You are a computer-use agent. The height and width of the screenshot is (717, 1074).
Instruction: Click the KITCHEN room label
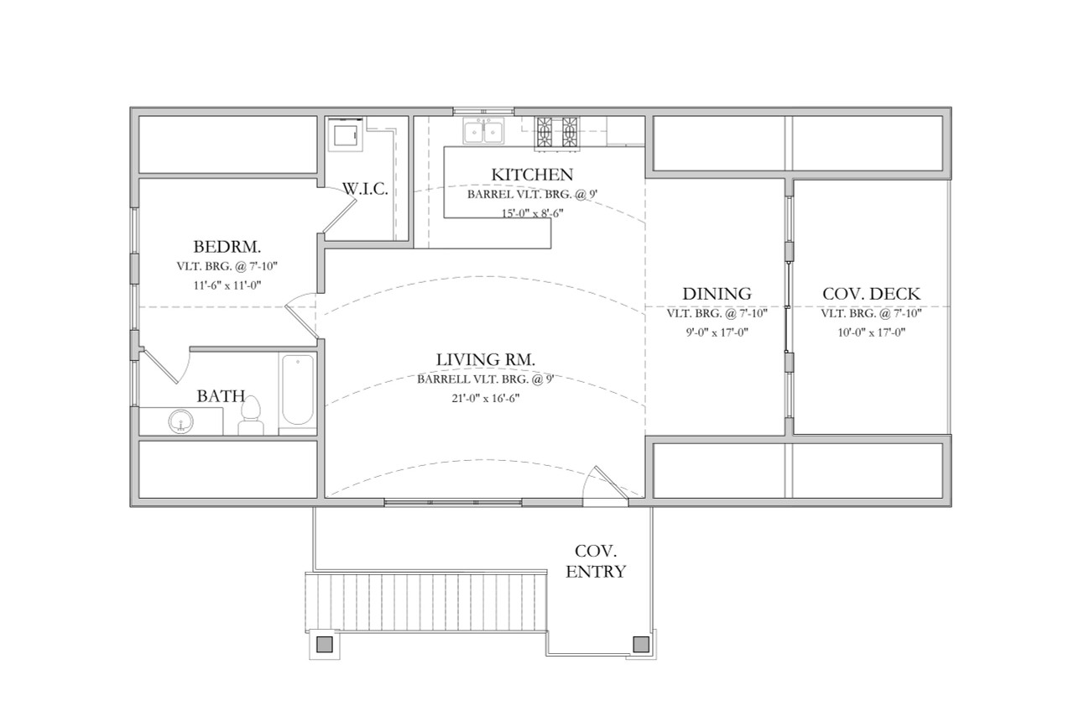532,175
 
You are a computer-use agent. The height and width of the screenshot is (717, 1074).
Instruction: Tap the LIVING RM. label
486,360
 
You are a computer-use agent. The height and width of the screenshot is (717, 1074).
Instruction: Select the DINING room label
716,294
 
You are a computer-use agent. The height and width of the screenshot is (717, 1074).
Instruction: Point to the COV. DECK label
871,294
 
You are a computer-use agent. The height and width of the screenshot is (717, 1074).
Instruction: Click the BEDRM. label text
227,247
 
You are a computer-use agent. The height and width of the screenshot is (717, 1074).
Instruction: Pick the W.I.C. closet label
365,189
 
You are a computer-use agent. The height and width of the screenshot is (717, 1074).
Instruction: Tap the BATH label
221,395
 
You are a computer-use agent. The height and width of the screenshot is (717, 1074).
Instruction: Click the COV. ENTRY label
596,562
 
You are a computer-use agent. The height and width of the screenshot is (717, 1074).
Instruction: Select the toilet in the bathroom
251,415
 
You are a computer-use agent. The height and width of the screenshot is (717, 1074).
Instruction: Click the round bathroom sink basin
180,421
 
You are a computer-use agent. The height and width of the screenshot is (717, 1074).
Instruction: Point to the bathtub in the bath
298,390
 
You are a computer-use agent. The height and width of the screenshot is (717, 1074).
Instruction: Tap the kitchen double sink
484,132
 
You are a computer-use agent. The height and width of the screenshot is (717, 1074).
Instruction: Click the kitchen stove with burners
558,133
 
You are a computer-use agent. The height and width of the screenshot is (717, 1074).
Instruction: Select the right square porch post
641,644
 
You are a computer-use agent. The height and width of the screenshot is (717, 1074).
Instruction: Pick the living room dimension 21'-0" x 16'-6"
486,398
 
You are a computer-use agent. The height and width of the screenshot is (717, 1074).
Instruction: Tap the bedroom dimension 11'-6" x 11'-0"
227,285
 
